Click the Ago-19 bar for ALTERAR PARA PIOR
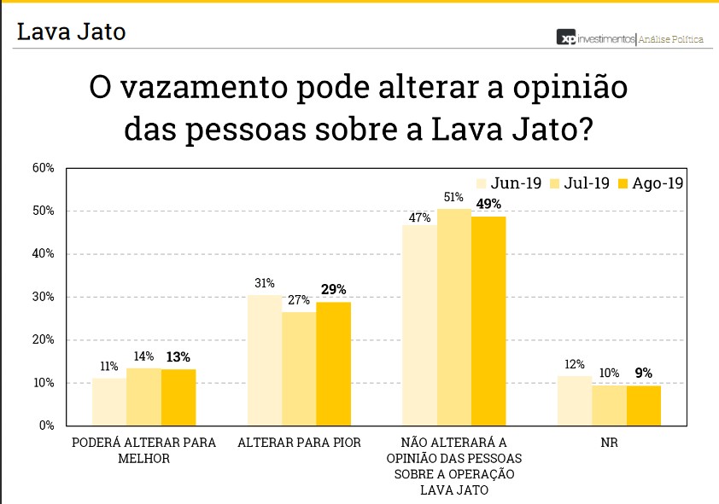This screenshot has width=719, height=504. (x=333, y=363)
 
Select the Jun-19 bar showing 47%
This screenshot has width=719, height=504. (x=419, y=324)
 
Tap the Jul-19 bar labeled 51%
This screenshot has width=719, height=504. (x=454, y=316)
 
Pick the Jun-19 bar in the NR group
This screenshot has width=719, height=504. (x=575, y=400)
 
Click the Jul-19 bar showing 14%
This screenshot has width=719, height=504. (x=143, y=397)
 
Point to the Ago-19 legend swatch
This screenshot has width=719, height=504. (x=623, y=183)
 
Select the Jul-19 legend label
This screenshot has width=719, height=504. (x=587, y=183)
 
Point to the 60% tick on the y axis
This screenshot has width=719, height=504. (x=44, y=168)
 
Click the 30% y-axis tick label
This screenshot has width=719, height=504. (x=44, y=297)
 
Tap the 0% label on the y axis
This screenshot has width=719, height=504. (x=46, y=426)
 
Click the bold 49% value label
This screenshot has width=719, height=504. (x=488, y=204)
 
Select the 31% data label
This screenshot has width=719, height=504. (x=264, y=283)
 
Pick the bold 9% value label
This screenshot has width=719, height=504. (x=644, y=373)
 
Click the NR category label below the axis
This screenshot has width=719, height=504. (x=609, y=443)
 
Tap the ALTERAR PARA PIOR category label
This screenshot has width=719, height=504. (x=299, y=443)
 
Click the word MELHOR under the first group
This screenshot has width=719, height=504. (x=144, y=458)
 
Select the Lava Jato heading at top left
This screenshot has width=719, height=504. (x=72, y=32)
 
